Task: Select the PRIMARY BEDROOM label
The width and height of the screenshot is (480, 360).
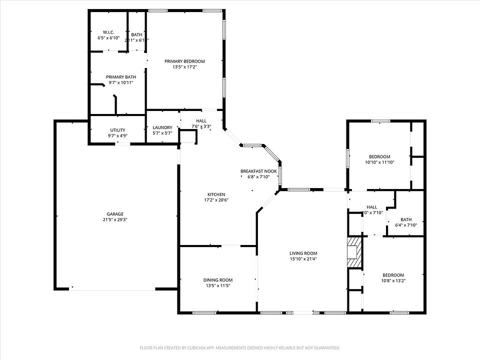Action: click(x=184, y=61)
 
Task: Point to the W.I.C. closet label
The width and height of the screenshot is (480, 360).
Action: click(x=108, y=32)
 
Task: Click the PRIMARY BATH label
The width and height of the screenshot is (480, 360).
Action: click(x=120, y=77)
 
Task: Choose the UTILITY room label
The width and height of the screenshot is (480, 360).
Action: click(x=118, y=130)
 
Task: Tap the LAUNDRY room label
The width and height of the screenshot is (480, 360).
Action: click(x=162, y=127)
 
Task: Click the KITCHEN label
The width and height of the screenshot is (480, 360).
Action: click(x=216, y=194)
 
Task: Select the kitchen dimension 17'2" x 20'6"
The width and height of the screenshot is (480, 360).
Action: click(x=216, y=200)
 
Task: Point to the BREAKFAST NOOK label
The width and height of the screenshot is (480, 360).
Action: click(x=258, y=171)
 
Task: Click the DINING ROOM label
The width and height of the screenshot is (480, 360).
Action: click(x=217, y=280)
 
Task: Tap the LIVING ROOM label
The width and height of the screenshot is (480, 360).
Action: click(x=303, y=253)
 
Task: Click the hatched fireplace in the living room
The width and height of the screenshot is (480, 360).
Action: click(x=354, y=252)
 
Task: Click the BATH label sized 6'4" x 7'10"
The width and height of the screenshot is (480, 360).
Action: click(x=405, y=219)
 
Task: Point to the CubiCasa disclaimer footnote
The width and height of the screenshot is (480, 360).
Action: click(x=240, y=347)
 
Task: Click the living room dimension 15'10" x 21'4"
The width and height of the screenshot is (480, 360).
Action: click(x=303, y=258)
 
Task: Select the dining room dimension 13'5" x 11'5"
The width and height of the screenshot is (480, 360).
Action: click(x=217, y=285)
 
